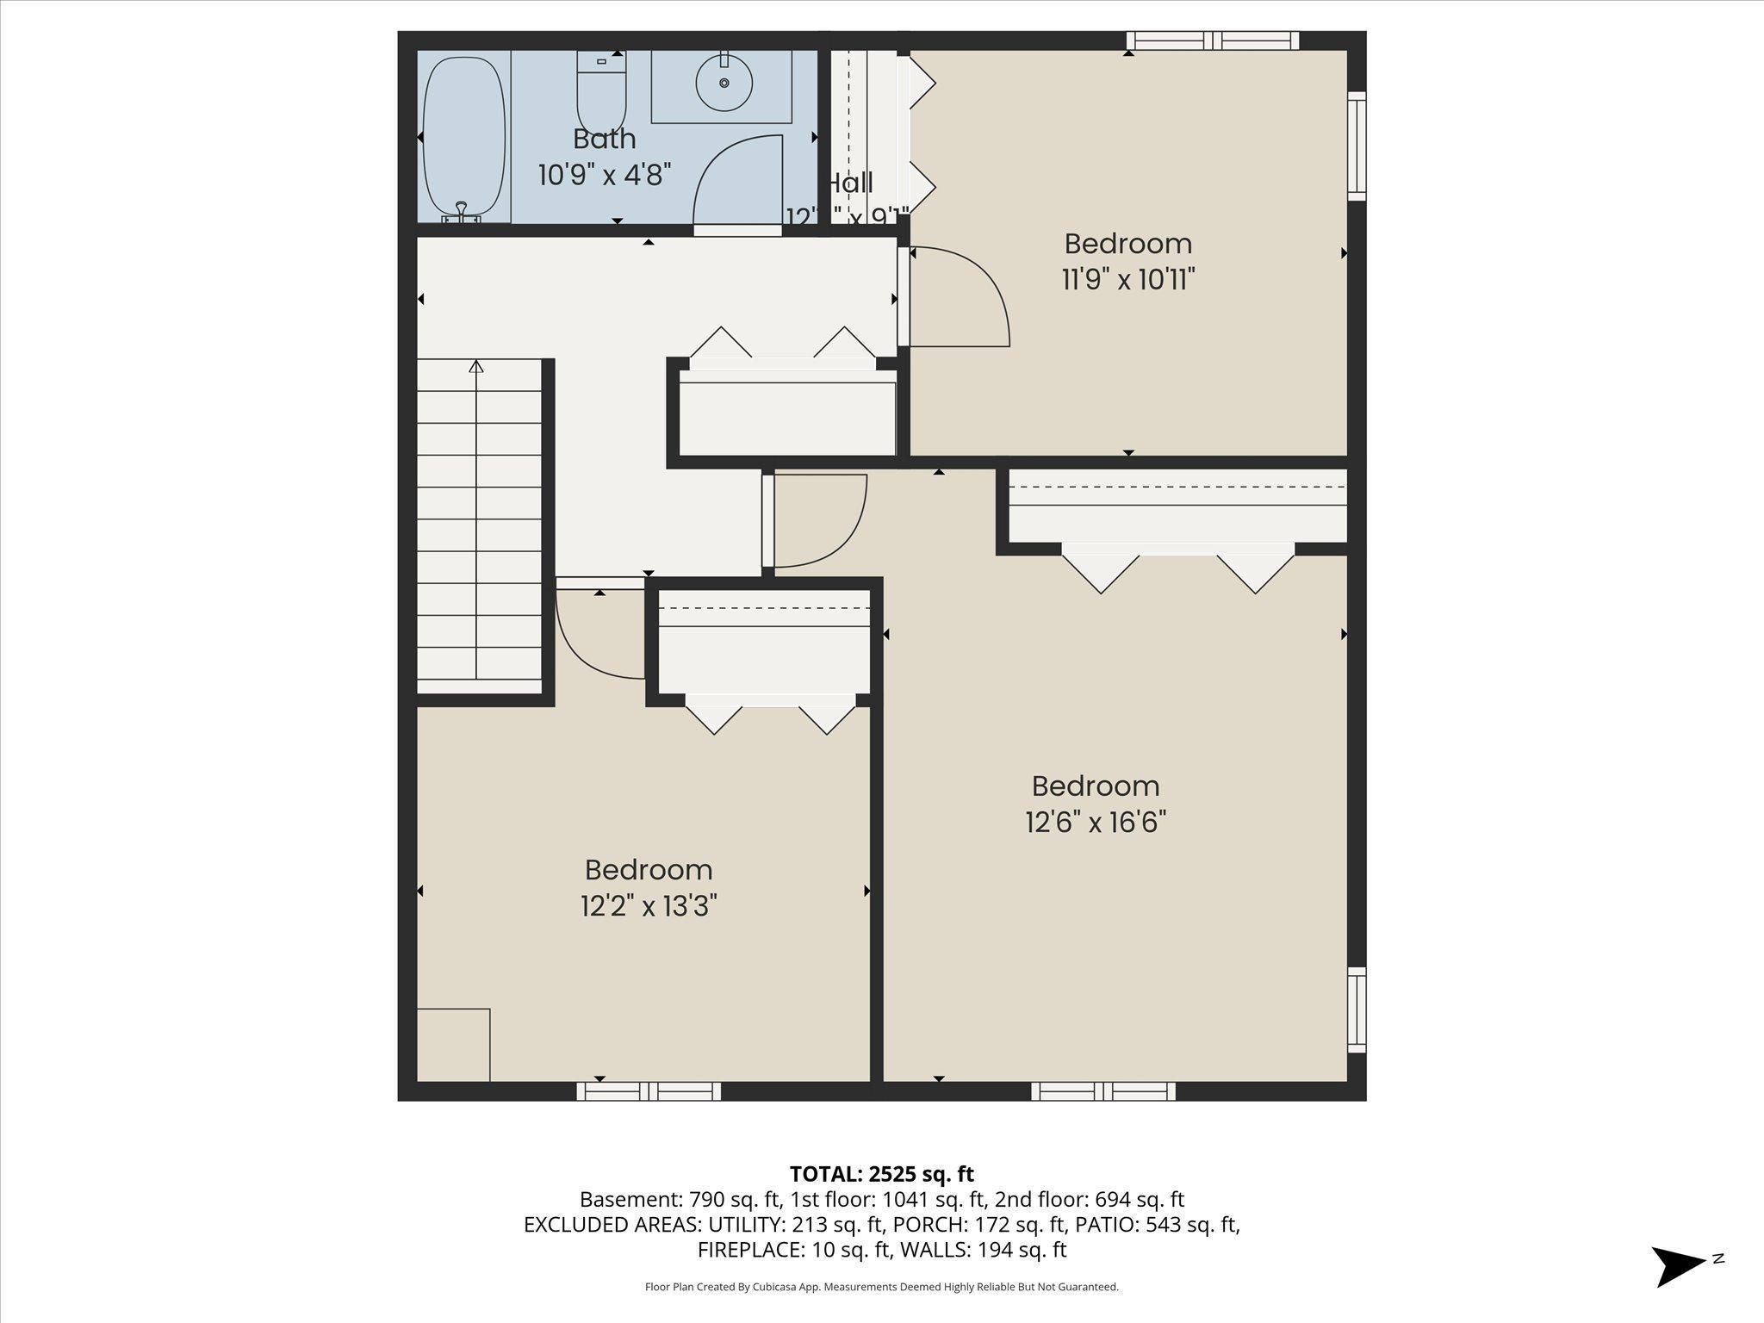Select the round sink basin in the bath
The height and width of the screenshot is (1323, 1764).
coord(724,83)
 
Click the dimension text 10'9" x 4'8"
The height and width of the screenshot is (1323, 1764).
coord(605,175)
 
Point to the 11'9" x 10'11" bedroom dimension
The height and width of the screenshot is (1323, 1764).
coord(1127,279)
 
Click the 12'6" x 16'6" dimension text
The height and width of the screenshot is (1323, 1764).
coord(1096,822)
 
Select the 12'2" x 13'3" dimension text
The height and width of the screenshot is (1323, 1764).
coord(649,906)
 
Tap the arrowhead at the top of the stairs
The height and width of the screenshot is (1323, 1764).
coord(476,366)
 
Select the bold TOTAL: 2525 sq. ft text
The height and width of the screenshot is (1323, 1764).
coord(881,1174)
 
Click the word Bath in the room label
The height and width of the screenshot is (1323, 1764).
coord(605,139)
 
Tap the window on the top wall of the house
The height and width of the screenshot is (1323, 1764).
coord(1213,40)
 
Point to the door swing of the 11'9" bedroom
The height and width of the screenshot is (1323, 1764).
coord(965,293)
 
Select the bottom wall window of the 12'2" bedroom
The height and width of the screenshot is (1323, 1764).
coord(649,1091)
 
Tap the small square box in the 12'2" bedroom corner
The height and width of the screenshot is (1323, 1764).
coord(453,1045)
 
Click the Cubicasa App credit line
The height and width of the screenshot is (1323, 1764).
coord(881,1287)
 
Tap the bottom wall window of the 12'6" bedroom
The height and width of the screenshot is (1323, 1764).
coord(1103,1091)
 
